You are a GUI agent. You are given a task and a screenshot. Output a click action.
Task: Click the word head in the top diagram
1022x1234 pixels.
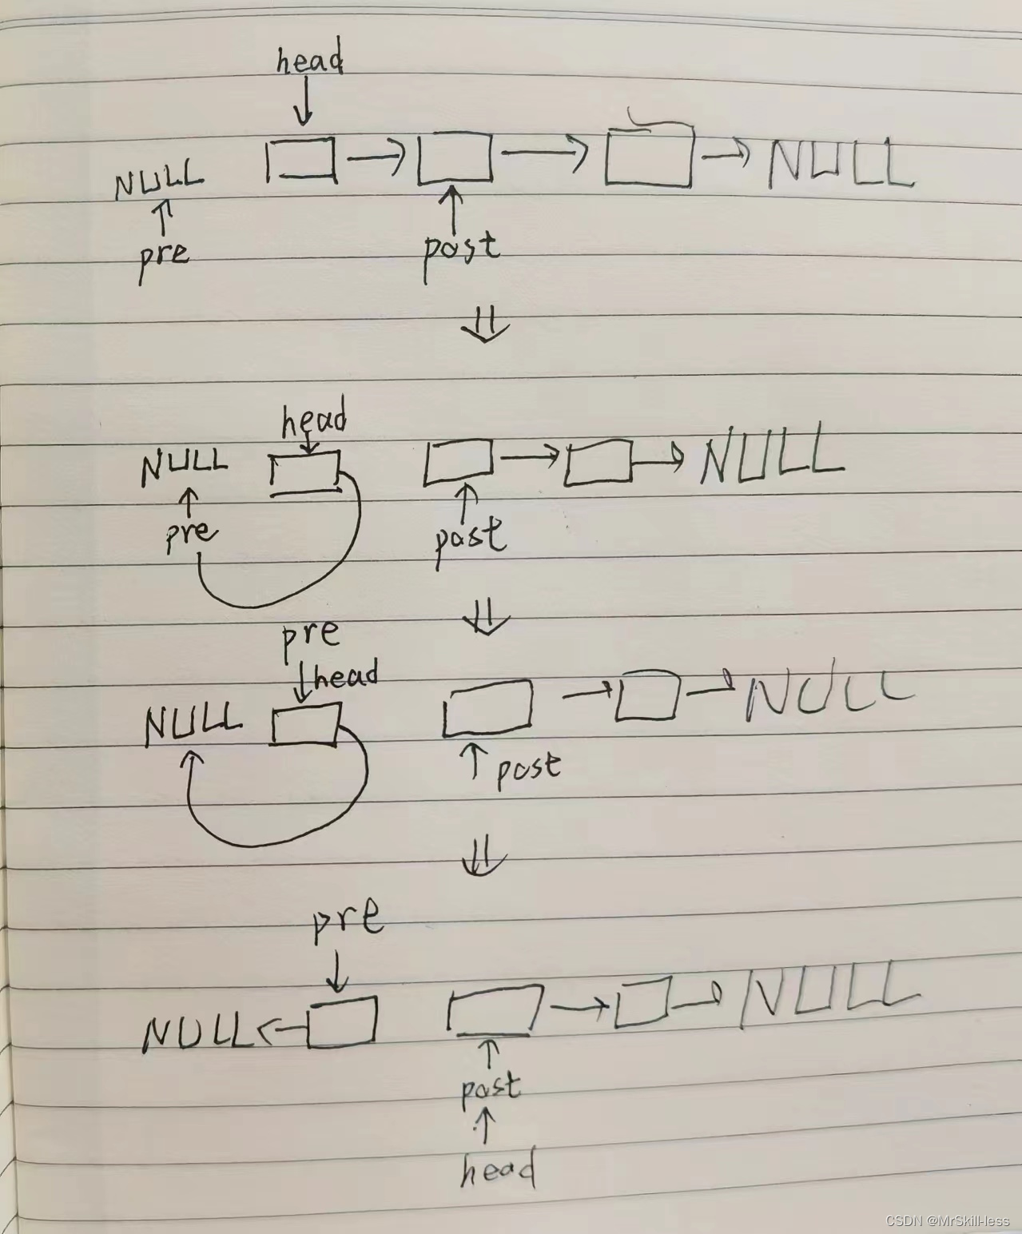pyautogui.click(x=309, y=61)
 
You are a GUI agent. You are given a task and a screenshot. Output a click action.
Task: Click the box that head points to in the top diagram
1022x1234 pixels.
pyautogui.click(x=301, y=159)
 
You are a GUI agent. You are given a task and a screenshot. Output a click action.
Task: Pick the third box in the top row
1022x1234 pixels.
pyautogui.click(x=649, y=157)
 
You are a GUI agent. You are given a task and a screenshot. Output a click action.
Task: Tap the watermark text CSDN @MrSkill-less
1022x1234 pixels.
pyautogui.click(x=948, y=1220)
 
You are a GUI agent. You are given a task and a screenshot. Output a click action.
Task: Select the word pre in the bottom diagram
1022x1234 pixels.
pyautogui.click(x=347, y=919)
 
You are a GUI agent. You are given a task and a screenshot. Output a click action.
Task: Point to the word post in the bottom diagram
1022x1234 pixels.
pyautogui.click(x=491, y=1088)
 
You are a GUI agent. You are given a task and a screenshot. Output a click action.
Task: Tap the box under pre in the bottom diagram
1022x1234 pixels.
pyautogui.click(x=342, y=1022)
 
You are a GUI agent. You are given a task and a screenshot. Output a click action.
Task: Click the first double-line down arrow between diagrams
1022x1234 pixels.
pyautogui.click(x=486, y=326)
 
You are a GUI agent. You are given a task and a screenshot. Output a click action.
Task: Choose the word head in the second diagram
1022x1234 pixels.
pyautogui.click(x=314, y=420)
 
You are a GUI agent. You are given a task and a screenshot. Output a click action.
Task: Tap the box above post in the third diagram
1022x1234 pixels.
pyautogui.click(x=487, y=707)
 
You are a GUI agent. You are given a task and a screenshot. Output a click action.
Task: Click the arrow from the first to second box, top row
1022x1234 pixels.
pyautogui.click(x=376, y=157)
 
